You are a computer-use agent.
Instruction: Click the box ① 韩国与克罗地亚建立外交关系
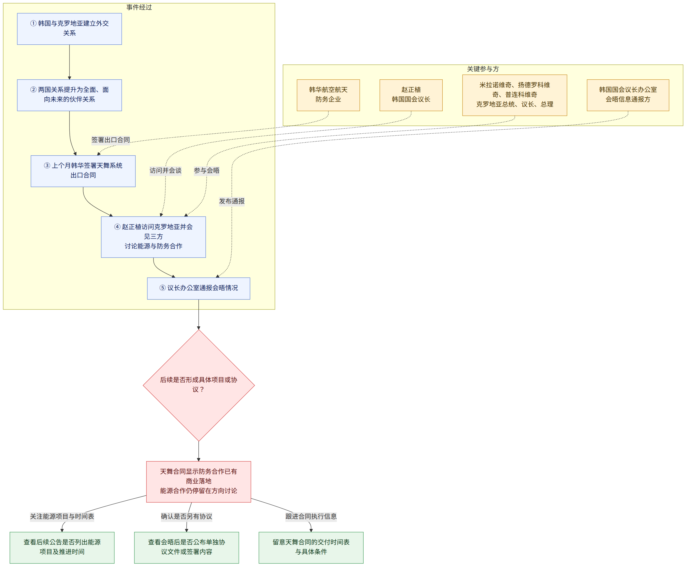pyautogui.click(x=69, y=29)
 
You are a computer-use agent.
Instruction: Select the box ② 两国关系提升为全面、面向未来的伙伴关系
pyautogui.click(x=69, y=95)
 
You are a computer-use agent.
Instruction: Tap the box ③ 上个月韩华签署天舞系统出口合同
pyautogui.click(x=83, y=171)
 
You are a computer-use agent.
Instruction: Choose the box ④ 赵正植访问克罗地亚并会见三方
pyautogui.click(x=153, y=237)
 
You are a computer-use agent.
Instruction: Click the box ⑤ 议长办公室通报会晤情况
pyautogui.click(x=198, y=288)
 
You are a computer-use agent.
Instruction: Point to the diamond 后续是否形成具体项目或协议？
pyautogui.click(x=198, y=385)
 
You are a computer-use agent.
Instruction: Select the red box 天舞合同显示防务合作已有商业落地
pyautogui.click(x=198, y=482)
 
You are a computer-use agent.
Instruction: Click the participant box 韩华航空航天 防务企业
pyautogui.click(x=328, y=95)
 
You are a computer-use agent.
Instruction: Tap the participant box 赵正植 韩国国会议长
pyautogui.click(x=411, y=95)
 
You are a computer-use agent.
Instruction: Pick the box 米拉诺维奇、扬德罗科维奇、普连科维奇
pyautogui.click(x=514, y=95)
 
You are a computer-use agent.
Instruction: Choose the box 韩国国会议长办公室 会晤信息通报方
pyautogui.click(x=628, y=95)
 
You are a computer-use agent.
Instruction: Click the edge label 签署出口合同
pyautogui.click(x=111, y=140)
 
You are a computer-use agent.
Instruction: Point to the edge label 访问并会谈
pyautogui.click(x=165, y=170)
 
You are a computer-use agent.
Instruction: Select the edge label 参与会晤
pyautogui.click(x=206, y=170)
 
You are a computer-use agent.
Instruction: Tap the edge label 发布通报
pyautogui.click(x=232, y=201)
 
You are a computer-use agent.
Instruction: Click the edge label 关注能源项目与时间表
pyautogui.click(x=62, y=516)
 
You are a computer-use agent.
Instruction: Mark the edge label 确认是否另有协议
pyautogui.click(x=186, y=516)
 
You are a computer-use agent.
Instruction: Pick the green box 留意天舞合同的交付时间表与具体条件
pyautogui.click(x=311, y=548)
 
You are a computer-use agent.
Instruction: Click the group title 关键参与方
pyautogui.click(x=483, y=69)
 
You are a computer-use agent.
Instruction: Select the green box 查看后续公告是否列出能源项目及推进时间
pyautogui.click(x=62, y=548)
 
